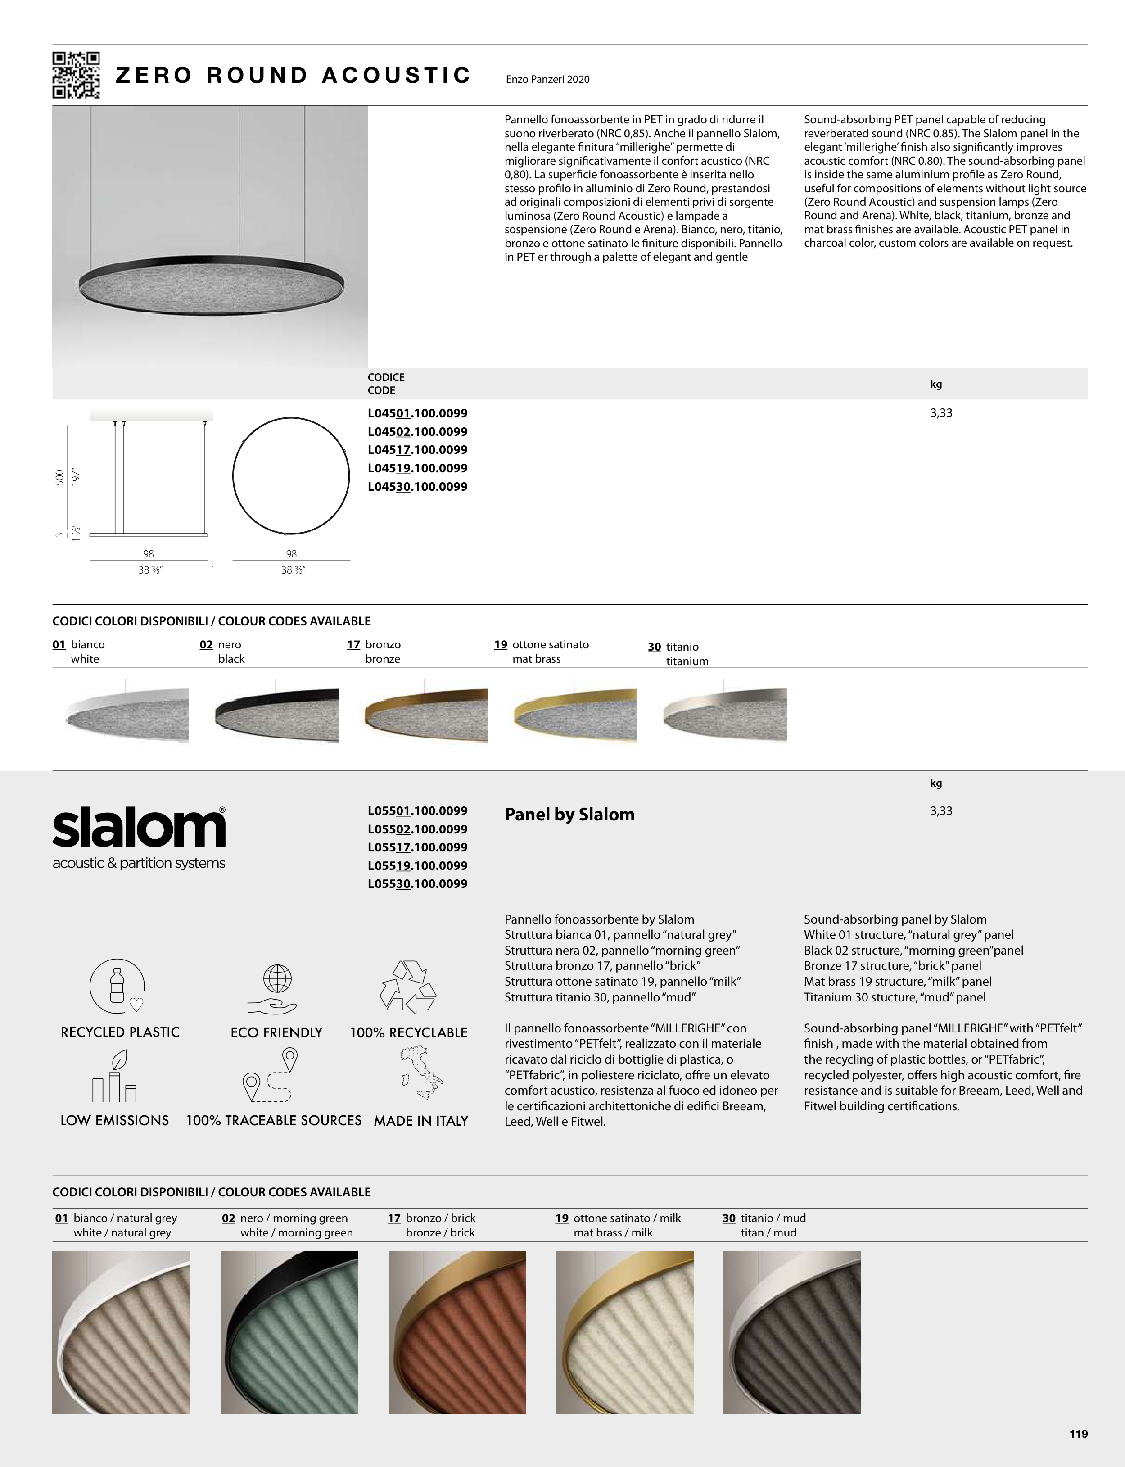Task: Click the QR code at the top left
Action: pyautogui.click(x=77, y=75)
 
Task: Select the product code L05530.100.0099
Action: pyautogui.click(x=417, y=883)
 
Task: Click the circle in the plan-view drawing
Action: pyautogui.click(x=291, y=476)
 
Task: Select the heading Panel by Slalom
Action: pyautogui.click(x=569, y=815)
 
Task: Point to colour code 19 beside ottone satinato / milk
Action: pyautogui.click(x=562, y=1218)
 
